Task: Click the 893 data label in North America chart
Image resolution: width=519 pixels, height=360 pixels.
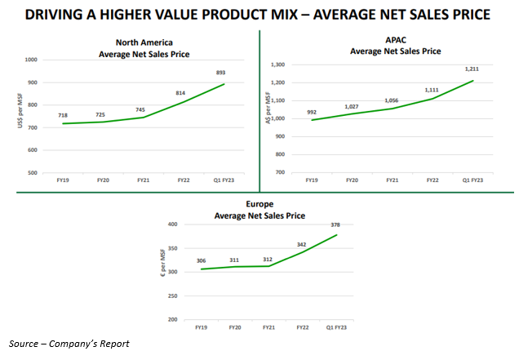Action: (220, 72)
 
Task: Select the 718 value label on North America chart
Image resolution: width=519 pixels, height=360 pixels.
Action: (63, 115)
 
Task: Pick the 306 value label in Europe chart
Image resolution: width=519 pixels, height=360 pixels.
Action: (202, 261)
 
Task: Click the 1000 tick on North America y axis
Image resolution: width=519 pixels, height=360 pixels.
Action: (33, 60)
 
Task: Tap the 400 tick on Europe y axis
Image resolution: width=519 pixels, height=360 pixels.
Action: (172, 224)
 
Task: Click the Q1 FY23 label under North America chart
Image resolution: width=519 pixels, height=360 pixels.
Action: (222, 180)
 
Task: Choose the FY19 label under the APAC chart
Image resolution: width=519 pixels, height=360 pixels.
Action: (312, 180)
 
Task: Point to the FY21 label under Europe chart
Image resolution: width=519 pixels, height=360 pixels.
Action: (268, 327)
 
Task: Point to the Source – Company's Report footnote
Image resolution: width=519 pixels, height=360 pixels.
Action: (69, 343)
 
